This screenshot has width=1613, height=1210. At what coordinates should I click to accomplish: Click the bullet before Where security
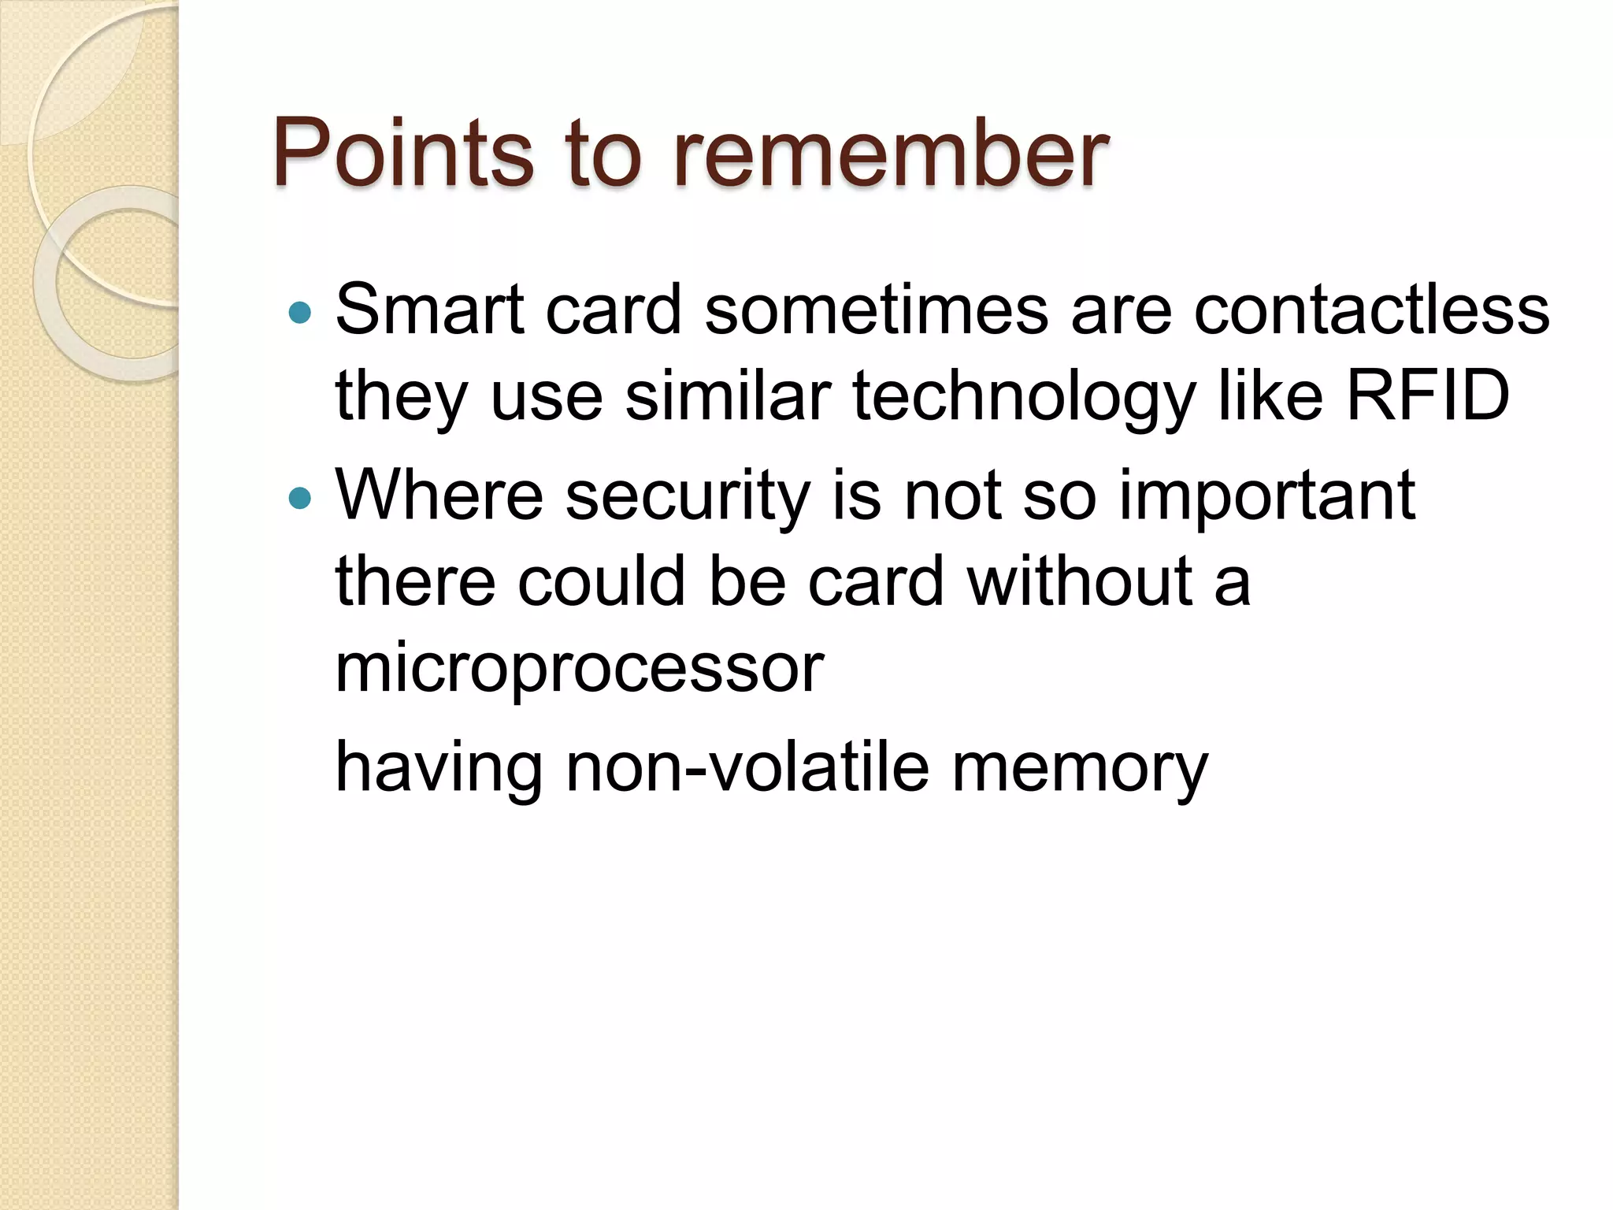300,499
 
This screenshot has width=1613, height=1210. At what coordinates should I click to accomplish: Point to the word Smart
429,310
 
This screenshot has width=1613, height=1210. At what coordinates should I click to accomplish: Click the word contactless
1371,310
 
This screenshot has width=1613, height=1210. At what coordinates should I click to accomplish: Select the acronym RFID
1427,395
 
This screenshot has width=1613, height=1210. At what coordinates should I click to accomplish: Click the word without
1080,581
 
